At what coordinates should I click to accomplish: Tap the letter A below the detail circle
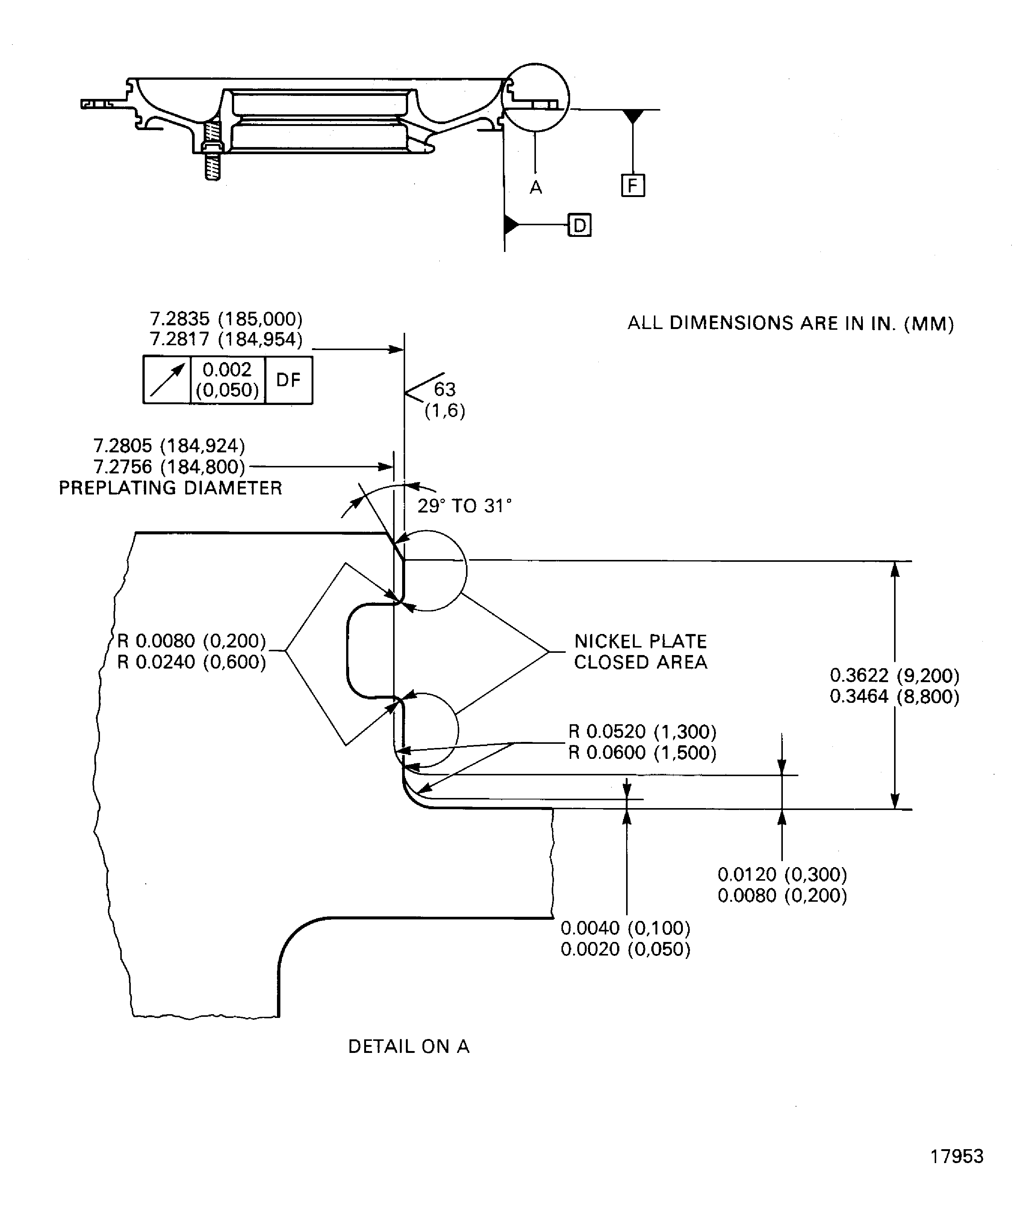tap(536, 188)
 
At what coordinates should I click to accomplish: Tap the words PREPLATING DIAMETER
tap(171, 488)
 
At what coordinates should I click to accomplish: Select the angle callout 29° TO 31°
tap(464, 506)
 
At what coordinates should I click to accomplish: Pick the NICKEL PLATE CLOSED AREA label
tap(641, 651)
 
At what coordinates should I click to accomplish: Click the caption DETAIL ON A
tap(409, 1046)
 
